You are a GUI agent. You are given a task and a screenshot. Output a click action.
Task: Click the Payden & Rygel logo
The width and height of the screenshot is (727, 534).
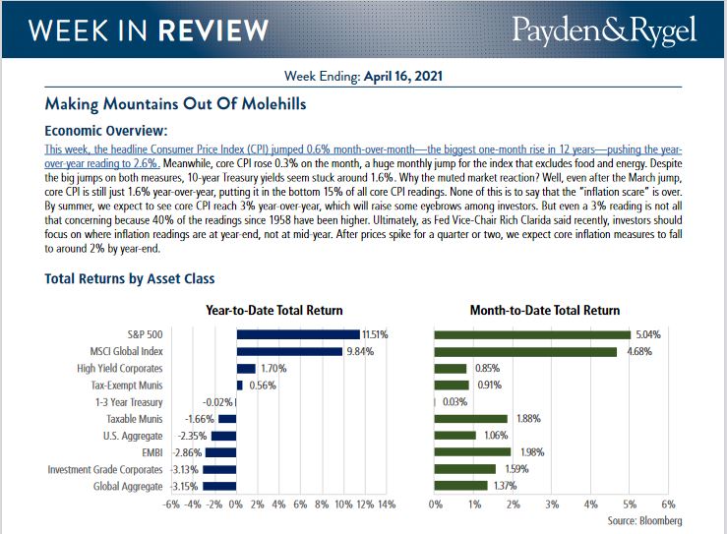coord(604,30)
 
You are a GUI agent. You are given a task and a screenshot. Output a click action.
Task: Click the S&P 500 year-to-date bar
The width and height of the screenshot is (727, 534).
coord(298,334)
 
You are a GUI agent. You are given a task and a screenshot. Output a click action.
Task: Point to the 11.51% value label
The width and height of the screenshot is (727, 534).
coord(375,334)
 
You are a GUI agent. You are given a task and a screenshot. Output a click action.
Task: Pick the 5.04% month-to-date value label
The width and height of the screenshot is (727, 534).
coord(648,334)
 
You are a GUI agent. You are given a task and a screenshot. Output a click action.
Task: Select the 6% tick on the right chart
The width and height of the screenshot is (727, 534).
coord(668,504)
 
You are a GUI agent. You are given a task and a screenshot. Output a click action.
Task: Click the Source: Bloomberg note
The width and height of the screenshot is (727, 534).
coord(644,520)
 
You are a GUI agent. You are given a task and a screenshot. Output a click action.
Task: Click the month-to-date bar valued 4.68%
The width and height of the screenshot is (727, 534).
coord(526,351)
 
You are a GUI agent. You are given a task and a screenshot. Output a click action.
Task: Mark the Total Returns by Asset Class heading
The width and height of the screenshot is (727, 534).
coord(130,279)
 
